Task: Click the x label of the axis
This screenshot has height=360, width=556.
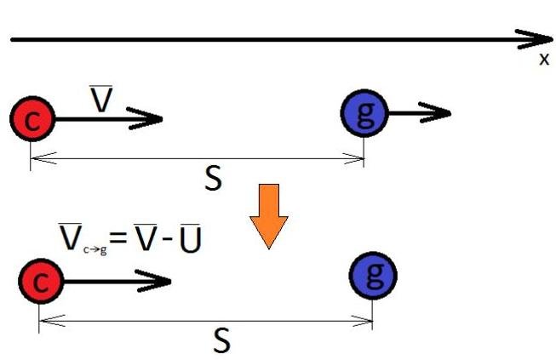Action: point(544,60)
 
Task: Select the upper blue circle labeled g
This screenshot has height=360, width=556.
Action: point(364,113)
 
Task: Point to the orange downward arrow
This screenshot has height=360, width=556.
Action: point(268,214)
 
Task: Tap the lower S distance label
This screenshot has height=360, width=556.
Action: point(221,340)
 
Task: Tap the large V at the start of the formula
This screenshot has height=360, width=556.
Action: point(71,234)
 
